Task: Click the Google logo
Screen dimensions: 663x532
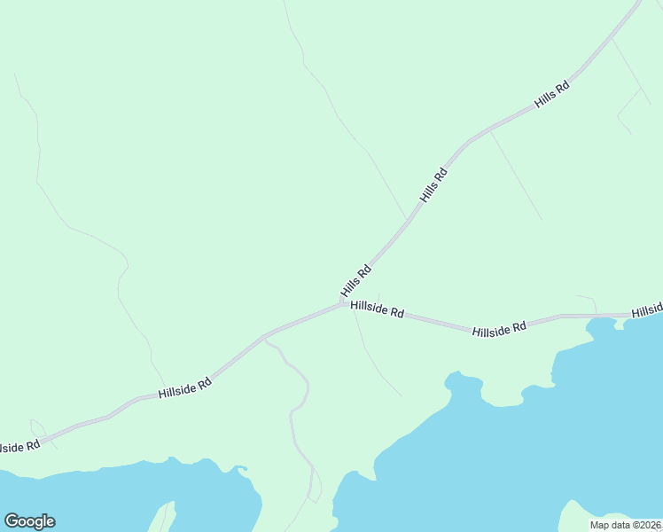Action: pyautogui.click(x=29, y=521)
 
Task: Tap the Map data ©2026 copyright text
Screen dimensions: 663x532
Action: pyautogui.click(x=625, y=525)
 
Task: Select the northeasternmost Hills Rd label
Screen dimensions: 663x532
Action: pyautogui.click(x=552, y=95)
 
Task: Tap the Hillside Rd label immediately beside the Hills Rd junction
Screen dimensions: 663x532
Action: pyautogui.click(x=378, y=309)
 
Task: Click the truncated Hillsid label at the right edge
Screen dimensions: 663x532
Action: pyautogui.click(x=647, y=311)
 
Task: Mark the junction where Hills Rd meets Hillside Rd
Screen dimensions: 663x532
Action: pyautogui.click(x=342, y=303)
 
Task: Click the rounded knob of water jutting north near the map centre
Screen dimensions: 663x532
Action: pyautogui.click(x=456, y=382)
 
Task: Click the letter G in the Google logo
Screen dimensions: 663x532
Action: pyautogui.click(x=12, y=521)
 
